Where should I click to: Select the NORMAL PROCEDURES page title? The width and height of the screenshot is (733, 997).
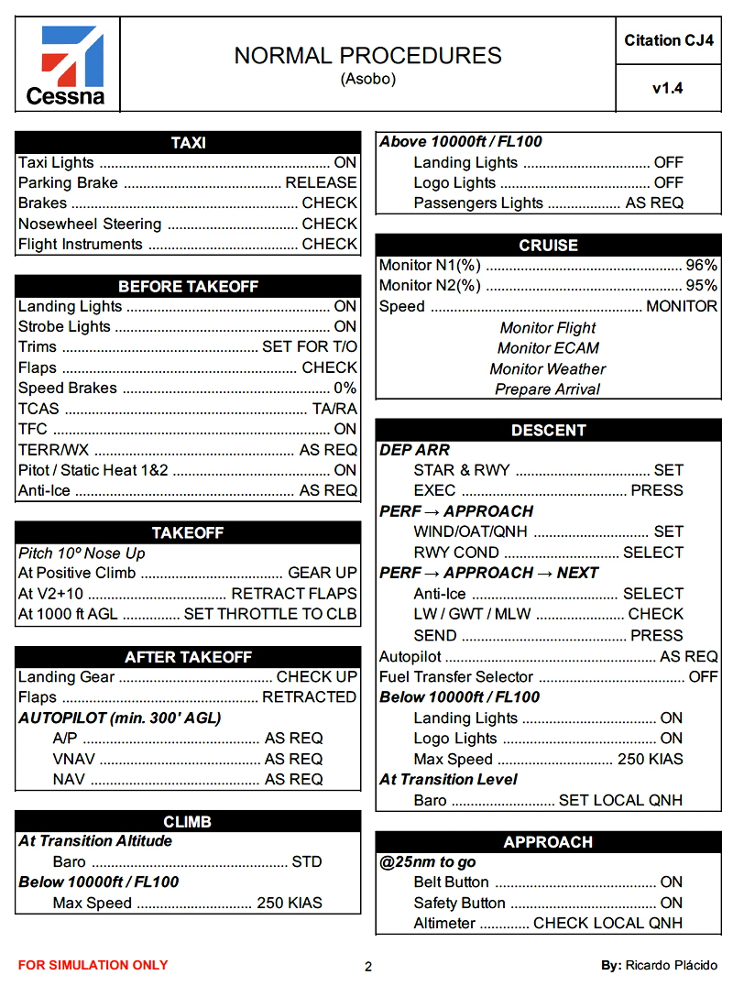[x=367, y=56]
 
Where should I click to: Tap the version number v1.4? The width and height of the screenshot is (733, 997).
[x=668, y=89]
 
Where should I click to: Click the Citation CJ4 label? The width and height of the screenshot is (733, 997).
[x=668, y=40]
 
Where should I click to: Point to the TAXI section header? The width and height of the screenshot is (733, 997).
[x=188, y=143]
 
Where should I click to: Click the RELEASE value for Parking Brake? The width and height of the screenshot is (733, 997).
[x=321, y=182]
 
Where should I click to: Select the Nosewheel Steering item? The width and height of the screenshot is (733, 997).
[x=90, y=224]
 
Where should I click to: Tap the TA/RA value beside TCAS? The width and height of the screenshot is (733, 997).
[x=334, y=409]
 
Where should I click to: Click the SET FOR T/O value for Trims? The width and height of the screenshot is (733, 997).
[x=310, y=347]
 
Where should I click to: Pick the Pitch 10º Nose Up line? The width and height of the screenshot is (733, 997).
[x=82, y=553]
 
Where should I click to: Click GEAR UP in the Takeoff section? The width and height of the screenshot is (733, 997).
[x=323, y=573]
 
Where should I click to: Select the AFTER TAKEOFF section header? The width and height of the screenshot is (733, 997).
[x=188, y=657]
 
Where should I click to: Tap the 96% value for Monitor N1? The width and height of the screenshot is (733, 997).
[x=702, y=266]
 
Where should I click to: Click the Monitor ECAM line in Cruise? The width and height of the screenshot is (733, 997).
[x=548, y=348]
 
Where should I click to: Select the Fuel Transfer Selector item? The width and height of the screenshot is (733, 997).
[x=456, y=677]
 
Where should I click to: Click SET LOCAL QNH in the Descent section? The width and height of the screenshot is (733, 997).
[x=620, y=800]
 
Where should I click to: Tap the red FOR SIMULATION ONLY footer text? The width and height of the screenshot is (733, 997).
[x=93, y=965]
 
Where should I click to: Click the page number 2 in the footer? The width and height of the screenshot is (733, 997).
[x=368, y=967]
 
